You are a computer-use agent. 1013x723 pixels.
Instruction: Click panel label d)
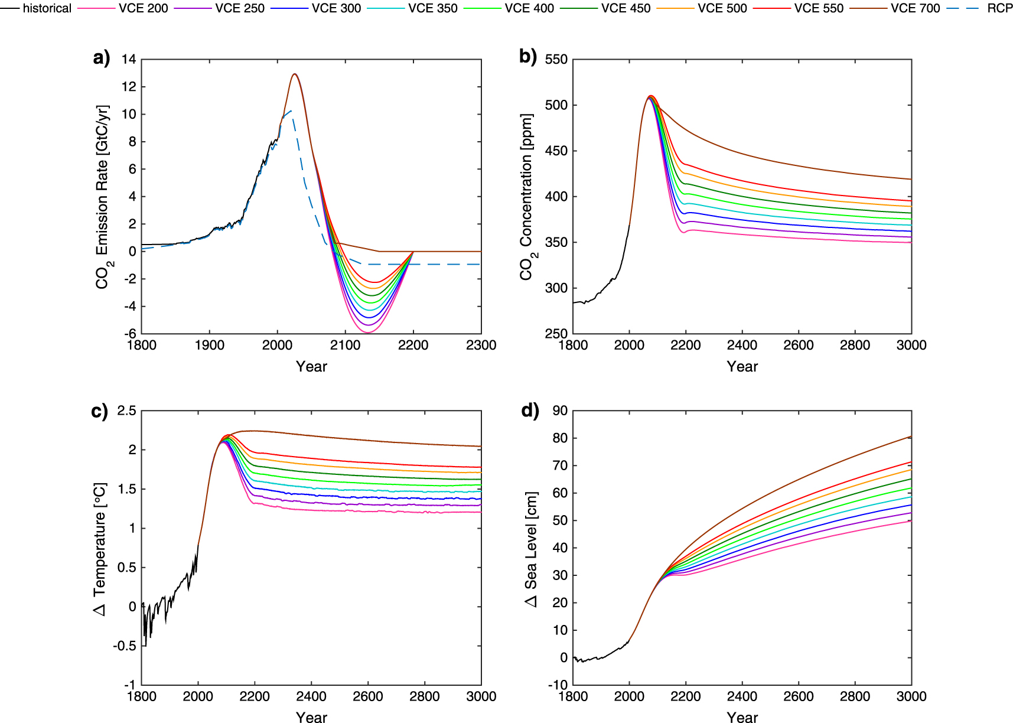click(x=530, y=410)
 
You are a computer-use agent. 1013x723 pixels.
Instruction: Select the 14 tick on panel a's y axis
click(x=129, y=59)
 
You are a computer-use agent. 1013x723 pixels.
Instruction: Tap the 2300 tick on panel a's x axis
click(x=481, y=346)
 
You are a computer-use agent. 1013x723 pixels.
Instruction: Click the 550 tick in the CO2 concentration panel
click(x=556, y=59)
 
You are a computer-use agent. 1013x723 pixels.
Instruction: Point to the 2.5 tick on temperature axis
click(x=126, y=411)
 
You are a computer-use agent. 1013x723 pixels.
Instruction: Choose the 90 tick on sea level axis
click(x=559, y=411)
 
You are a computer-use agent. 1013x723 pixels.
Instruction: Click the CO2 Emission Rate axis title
click(x=102, y=197)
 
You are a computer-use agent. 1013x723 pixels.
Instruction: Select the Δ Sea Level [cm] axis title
click(x=531, y=548)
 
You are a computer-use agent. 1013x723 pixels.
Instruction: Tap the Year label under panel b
click(x=742, y=367)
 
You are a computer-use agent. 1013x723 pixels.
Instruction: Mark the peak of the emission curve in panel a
click(x=294, y=74)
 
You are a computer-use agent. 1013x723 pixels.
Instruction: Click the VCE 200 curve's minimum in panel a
click(x=368, y=333)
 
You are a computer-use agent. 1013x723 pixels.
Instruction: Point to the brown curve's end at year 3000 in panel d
click(x=910, y=437)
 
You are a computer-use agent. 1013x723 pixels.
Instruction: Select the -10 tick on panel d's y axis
click(x=557, y=685)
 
